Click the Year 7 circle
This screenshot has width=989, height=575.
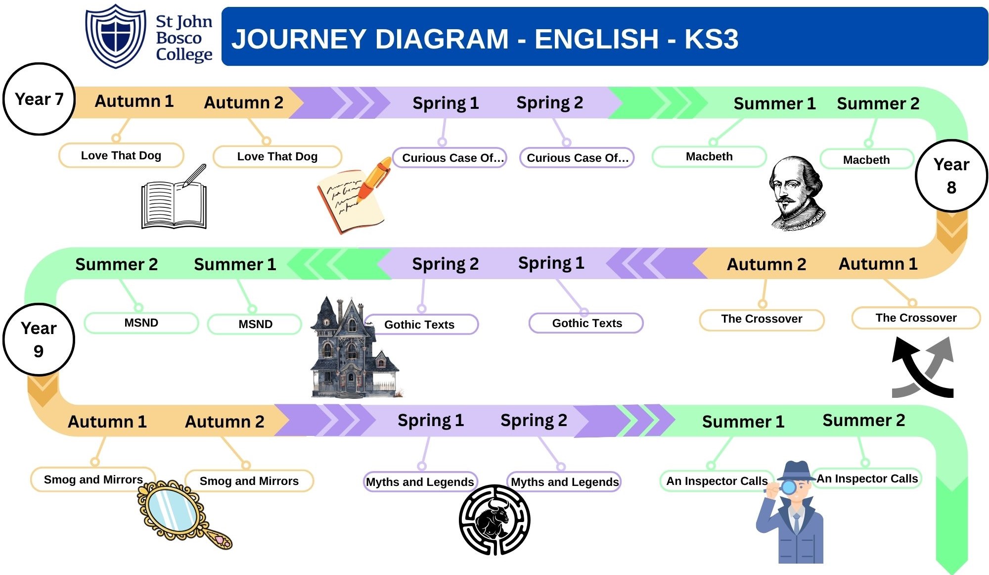coord(39,99)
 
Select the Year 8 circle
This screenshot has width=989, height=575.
coord(951,176)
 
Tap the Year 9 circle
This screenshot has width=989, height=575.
coord(39,339)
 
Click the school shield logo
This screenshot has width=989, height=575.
coord(116,36)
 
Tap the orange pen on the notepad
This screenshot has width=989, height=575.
coord(374,179)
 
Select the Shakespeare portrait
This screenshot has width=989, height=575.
coord(797,193)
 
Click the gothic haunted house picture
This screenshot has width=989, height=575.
coord(354,347)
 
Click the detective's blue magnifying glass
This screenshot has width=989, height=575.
coord(787,488)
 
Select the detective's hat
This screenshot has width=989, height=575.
coord(796,471)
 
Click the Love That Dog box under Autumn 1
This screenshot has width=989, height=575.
coord(121,155)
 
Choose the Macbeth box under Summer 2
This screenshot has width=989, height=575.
coord(866,159)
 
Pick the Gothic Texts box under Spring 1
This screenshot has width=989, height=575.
coord(586,323)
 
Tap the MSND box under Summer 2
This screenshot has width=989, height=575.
coord(141,323)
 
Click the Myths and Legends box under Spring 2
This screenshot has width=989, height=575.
coord(564,481)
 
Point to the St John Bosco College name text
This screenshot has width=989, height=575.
coord(183,38)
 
